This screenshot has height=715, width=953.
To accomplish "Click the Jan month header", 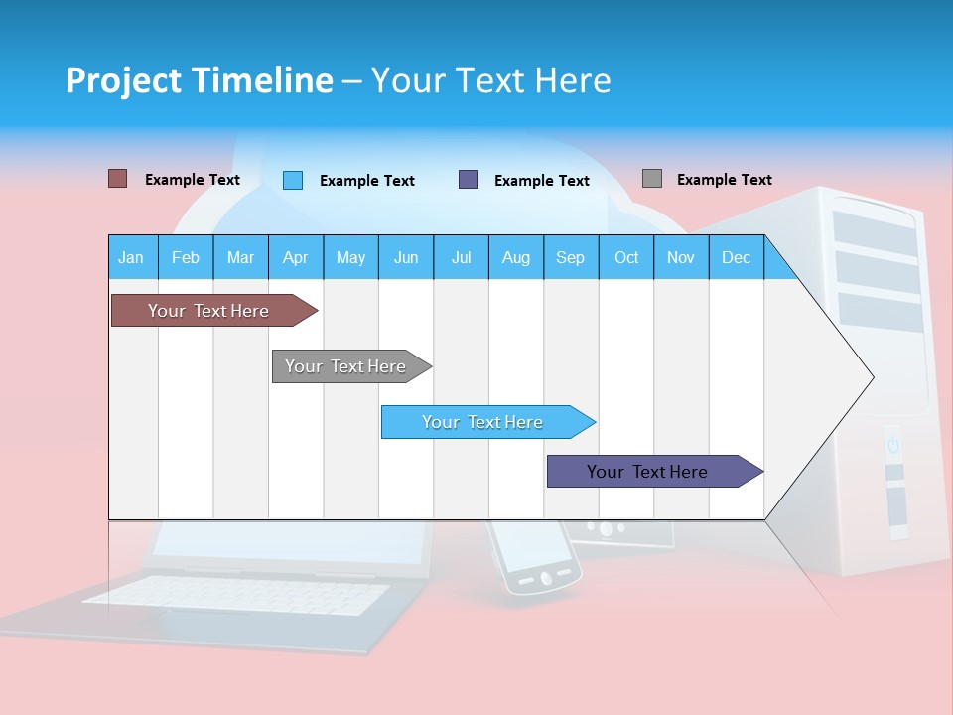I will coord(131,257).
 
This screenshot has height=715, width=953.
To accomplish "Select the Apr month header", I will coord(295,257).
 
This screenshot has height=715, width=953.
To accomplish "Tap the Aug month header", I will coord(515,257).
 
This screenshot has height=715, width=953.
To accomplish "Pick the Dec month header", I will coord(736,257).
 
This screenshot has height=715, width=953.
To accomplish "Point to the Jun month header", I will coord(406,257).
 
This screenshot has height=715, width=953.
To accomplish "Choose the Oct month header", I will coord(626,257).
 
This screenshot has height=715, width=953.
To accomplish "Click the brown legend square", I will coord(117,179).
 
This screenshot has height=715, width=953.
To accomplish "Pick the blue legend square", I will coord(293,180).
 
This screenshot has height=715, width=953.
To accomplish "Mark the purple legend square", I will coord(469,180).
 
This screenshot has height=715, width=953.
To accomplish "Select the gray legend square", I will coord(652,179).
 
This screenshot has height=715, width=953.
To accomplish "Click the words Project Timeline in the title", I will coord(199,80).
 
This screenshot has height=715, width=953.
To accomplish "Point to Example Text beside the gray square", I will coord(724,179).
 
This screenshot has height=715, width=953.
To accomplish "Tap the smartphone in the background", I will coord(534,556).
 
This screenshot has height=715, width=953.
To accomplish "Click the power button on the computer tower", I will coord(892,445).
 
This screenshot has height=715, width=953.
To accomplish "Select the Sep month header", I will coord(570,257).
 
